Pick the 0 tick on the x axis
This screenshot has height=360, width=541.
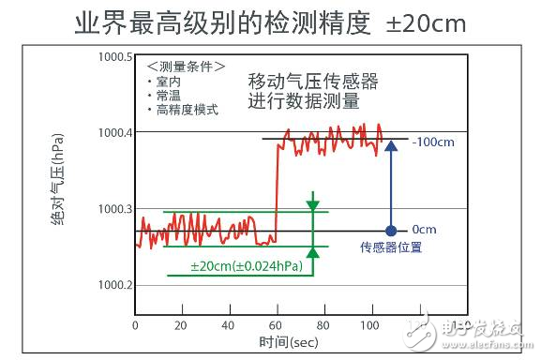[x=136, y=324]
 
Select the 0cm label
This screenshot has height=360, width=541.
[x=424, y=230]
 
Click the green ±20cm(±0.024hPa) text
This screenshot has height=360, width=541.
[x=247, y=267]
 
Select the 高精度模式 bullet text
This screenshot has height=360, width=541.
[x=185, y=111]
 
